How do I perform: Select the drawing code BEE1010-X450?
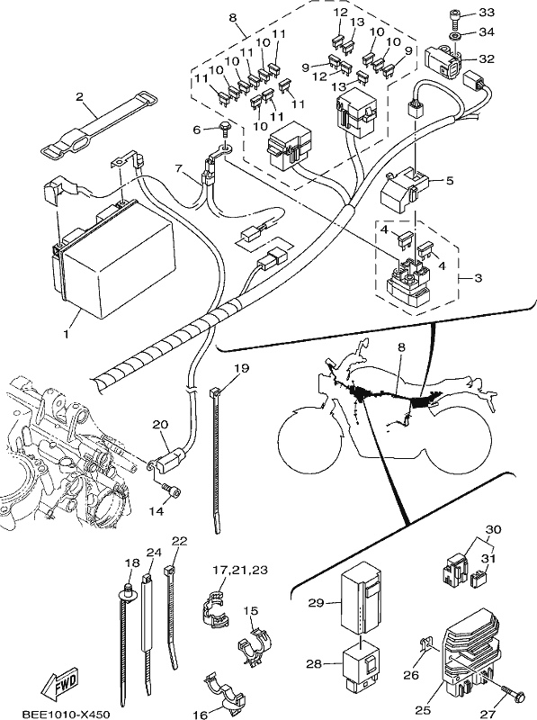point(66,715)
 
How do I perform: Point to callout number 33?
point(486,13)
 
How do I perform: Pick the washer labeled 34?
point(455,36)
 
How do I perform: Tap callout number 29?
point(316,602)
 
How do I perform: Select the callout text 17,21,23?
point(240,570)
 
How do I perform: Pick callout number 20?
point(160,424)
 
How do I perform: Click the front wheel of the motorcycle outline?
point(309,434)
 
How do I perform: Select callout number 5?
point(449,181)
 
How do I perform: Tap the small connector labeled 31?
point(479,579)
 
